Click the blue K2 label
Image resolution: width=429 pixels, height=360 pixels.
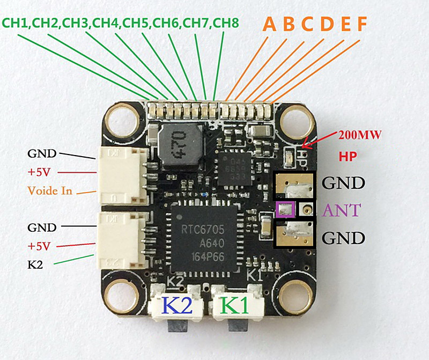click(176, 306)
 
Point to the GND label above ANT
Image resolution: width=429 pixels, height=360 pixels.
click(343, 182)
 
